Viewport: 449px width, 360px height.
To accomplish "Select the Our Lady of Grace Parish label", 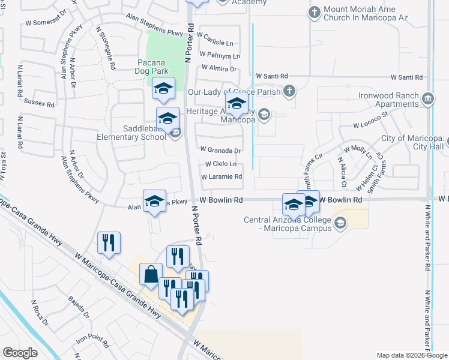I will pyautogui.click(x=235, y=92).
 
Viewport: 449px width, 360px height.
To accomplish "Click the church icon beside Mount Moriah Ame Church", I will pyautogui.click(x=314, y=11).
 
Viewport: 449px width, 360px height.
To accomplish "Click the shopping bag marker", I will pyautogui.click(x=150, y=274).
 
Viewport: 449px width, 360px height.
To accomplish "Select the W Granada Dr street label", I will pyautogui.click(x=220, y=151).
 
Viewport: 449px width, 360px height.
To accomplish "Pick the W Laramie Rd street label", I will pyautogui.click(x=221, y=177).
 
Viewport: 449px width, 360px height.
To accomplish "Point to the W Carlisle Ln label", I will pyautogui.click(x=217, y=43).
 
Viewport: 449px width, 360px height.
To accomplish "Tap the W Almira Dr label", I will pyautogui.click(x=220, y=68).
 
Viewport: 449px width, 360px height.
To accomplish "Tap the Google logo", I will pyautogui.click(x=20, y=353).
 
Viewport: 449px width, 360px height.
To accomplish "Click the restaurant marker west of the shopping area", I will pyautogui.click(x=109, y=243).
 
